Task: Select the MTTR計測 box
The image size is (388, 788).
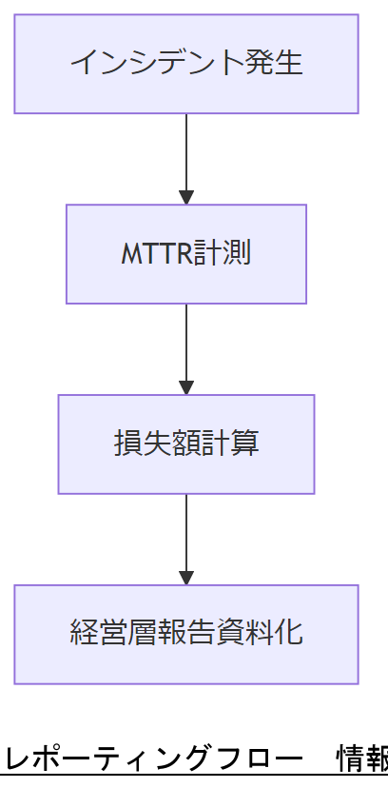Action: pyautogui.click(x=186, y=254)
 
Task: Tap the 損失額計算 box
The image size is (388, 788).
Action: pyautogui.click(x=186, y=444)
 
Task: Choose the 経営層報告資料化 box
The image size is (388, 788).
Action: pyautogui.click(x=186, y=635)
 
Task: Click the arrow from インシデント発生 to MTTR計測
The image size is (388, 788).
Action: pyautogui.click(x=186, y=152)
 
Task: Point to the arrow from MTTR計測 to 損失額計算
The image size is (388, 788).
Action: pyautogui.click(x=186, y=343)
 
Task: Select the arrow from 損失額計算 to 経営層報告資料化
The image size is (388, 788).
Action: pyautogui.click(x=186, y=533)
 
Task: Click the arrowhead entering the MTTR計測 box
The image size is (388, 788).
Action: pyautogui.click(x=186, y=197)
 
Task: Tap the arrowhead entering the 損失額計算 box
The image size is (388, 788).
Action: pyautogui.click(x=186, y=387)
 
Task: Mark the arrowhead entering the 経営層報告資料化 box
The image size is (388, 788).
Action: pyautogui.click(x=186, y=578)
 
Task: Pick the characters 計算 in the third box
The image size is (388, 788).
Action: pyautogui.click(x=235, y=444)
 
